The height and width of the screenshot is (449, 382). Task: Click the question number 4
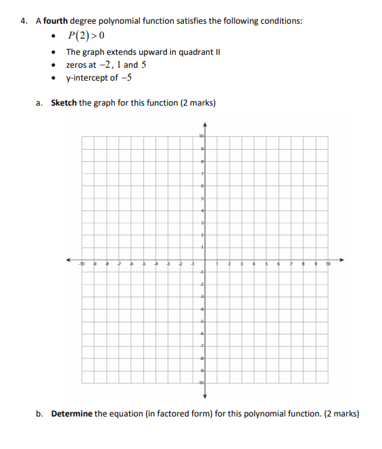pyautogui.click(x=24, y=21)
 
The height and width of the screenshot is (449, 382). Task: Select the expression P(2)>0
pyautogui.click(x=85, y=36)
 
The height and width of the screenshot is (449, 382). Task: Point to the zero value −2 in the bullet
pyautogui.click(x=104, y=65)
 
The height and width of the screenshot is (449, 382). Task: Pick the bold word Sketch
pyautogui.click(x=64, y=103)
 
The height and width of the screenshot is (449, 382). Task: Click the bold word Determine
pyautogui.click(x=72, y=413)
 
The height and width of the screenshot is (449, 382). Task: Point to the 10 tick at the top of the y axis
pyautogui.click(x=201, y=137)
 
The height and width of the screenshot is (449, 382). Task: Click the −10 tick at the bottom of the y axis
pyautogui.click(x=200, y=383)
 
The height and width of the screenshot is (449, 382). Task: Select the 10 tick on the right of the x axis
pyautogui.click(x=329, y=265)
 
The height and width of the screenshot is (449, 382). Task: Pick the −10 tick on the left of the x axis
pyautogui.click(x=80, y=265)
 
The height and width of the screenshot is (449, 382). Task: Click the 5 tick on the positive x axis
pyautogui.click(x=266, y=265)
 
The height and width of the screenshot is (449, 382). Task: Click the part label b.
pyautogui.click(x=40, y=413)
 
